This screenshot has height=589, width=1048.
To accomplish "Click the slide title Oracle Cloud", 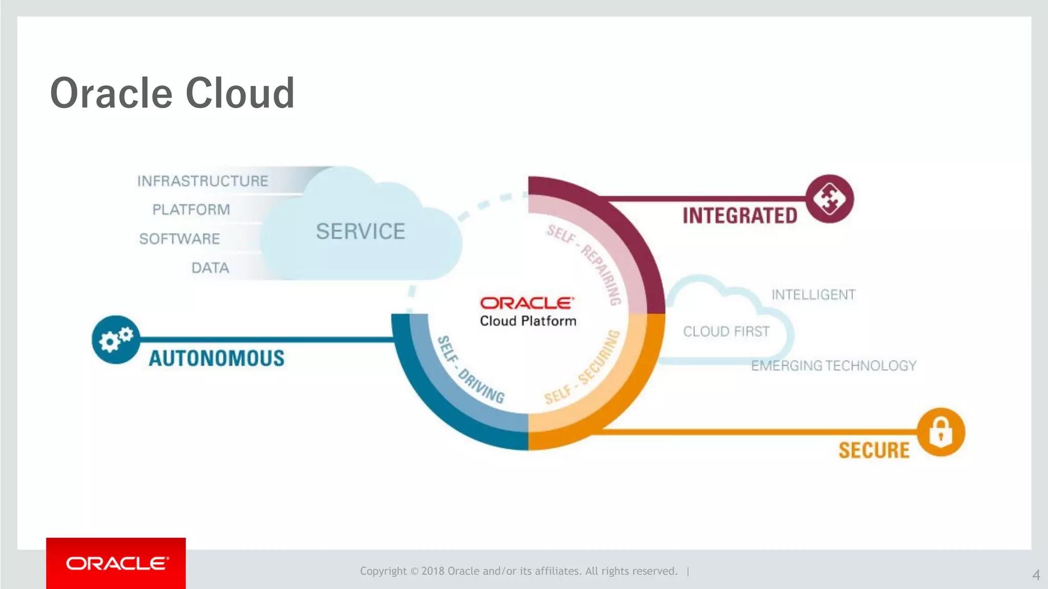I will click(172, 93).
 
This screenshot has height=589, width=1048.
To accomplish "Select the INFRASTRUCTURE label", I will click(203, 181).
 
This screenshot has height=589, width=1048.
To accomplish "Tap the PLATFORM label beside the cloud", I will click(191, 210).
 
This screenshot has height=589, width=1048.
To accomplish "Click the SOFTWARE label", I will click(180, 239).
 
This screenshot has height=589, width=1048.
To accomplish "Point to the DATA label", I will click(210, 268).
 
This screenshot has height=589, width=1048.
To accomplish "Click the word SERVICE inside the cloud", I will click(360, 232).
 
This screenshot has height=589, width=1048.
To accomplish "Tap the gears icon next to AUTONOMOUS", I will click(116, 339).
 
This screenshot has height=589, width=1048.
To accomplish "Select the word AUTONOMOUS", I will click(216, 358).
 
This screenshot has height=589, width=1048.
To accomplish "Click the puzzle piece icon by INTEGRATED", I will click(829, 199).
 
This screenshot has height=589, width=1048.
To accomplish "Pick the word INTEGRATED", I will click(740, 216).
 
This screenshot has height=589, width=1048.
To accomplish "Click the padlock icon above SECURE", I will click(941, 432).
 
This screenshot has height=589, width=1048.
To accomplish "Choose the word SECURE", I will click(874, 450).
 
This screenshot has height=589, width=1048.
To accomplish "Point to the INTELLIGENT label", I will click(813, 295).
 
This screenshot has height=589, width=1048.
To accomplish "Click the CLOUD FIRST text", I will click(726, 332).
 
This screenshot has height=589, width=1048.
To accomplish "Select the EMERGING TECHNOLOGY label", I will click(834, 366).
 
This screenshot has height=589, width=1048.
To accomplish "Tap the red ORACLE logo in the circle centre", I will click(527, 303).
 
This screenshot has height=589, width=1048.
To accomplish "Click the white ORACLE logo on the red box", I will click(117, 563).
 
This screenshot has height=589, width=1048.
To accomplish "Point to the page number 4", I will click(1036, 575).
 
